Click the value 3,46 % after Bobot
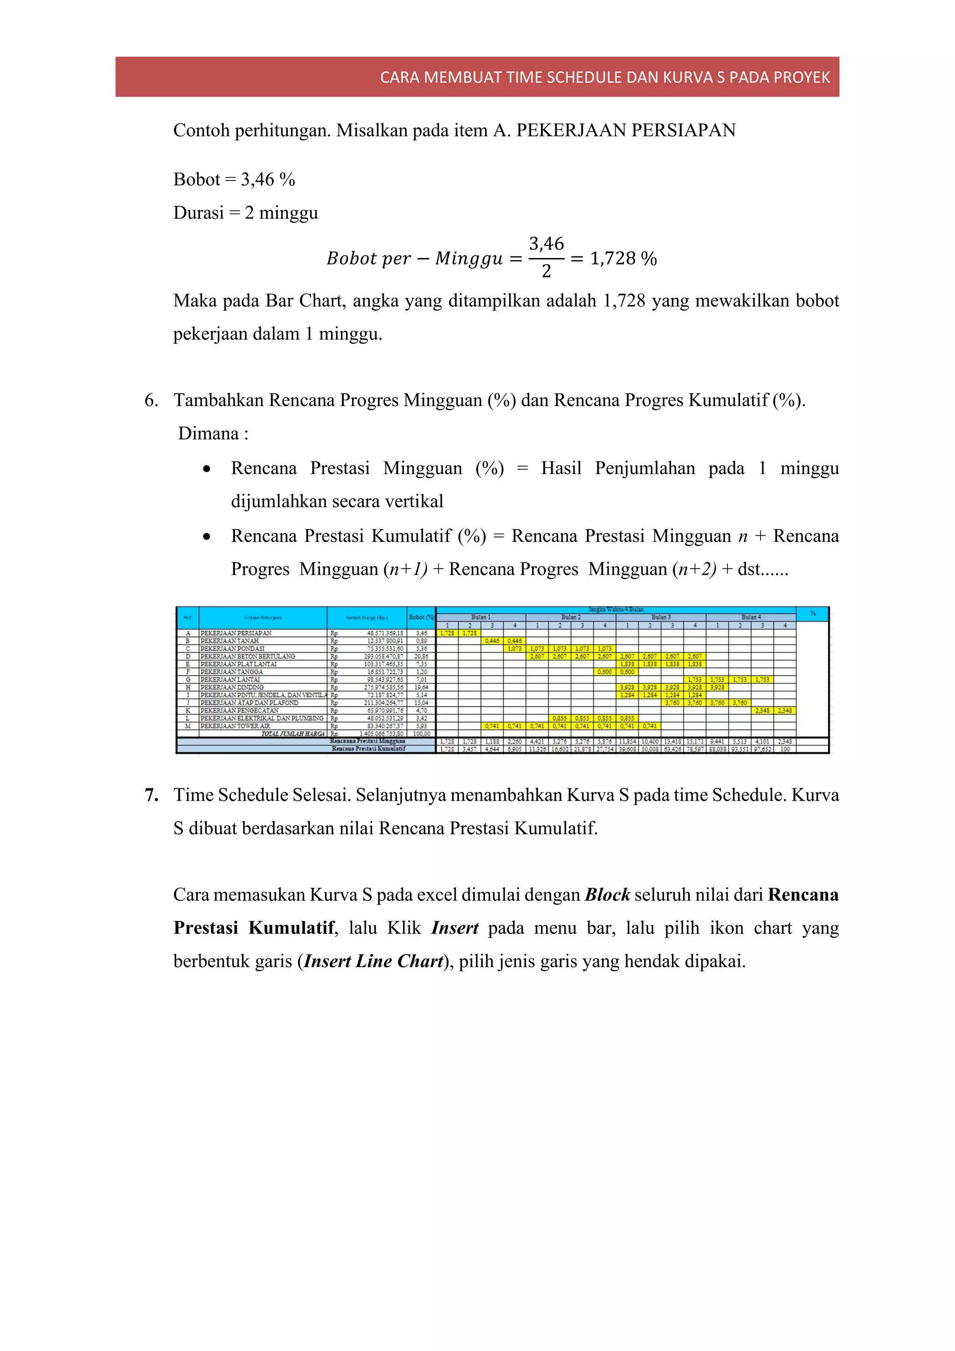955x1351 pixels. coord(268,180)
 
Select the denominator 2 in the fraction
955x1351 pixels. coord(547,271)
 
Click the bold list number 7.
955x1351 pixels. coord(151,795)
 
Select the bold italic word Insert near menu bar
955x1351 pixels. coord(455,928)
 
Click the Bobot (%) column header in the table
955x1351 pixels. coord(421,617)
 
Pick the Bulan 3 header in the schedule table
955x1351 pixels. coord(661,617)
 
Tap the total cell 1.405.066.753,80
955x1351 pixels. coord(381,734)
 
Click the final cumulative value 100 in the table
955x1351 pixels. coord(785,749)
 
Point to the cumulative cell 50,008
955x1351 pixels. coord(650,749)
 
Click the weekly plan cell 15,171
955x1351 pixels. coord(694,741)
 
